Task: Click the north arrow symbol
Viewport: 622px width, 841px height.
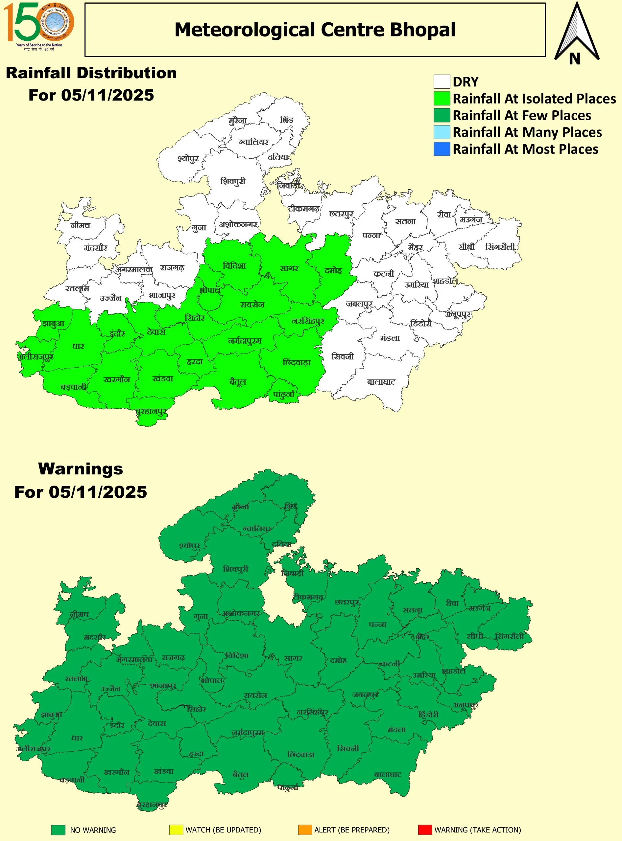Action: click(x=576, y=34)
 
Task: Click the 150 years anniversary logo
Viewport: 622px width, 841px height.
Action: click(x=39, y=26)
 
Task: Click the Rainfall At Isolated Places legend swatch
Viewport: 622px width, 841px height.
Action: click(x=442, y=99)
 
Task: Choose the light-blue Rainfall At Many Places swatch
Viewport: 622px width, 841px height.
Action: click(x=442, y=132)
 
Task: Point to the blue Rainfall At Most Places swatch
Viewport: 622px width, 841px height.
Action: click(x=442, y=149)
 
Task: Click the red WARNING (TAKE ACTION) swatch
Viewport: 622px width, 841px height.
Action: click(x=425, y=830)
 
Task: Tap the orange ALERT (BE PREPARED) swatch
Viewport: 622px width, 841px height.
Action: click(x=305, y=830)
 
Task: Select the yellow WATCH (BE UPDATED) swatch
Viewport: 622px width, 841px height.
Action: click(x=176, y=830)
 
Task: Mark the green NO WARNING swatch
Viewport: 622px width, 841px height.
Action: click(x=59, y=830)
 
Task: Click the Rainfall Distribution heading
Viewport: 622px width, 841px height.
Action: click(x=91, y=73)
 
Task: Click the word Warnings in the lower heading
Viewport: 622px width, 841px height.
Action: click(x=81, y=469)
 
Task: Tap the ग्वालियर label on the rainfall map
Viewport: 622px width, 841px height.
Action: click(x=253, y=142)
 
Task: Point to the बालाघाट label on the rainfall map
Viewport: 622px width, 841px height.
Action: click(x=381, y=382)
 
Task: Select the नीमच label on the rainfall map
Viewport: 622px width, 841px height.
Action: click(x=80, y=225)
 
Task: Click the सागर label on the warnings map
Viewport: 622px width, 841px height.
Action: click(x=293, y=658)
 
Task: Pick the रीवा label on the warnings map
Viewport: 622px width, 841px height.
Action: click(x=452, y=603)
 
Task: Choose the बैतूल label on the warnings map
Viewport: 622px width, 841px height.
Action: click(x=240, y=774)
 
